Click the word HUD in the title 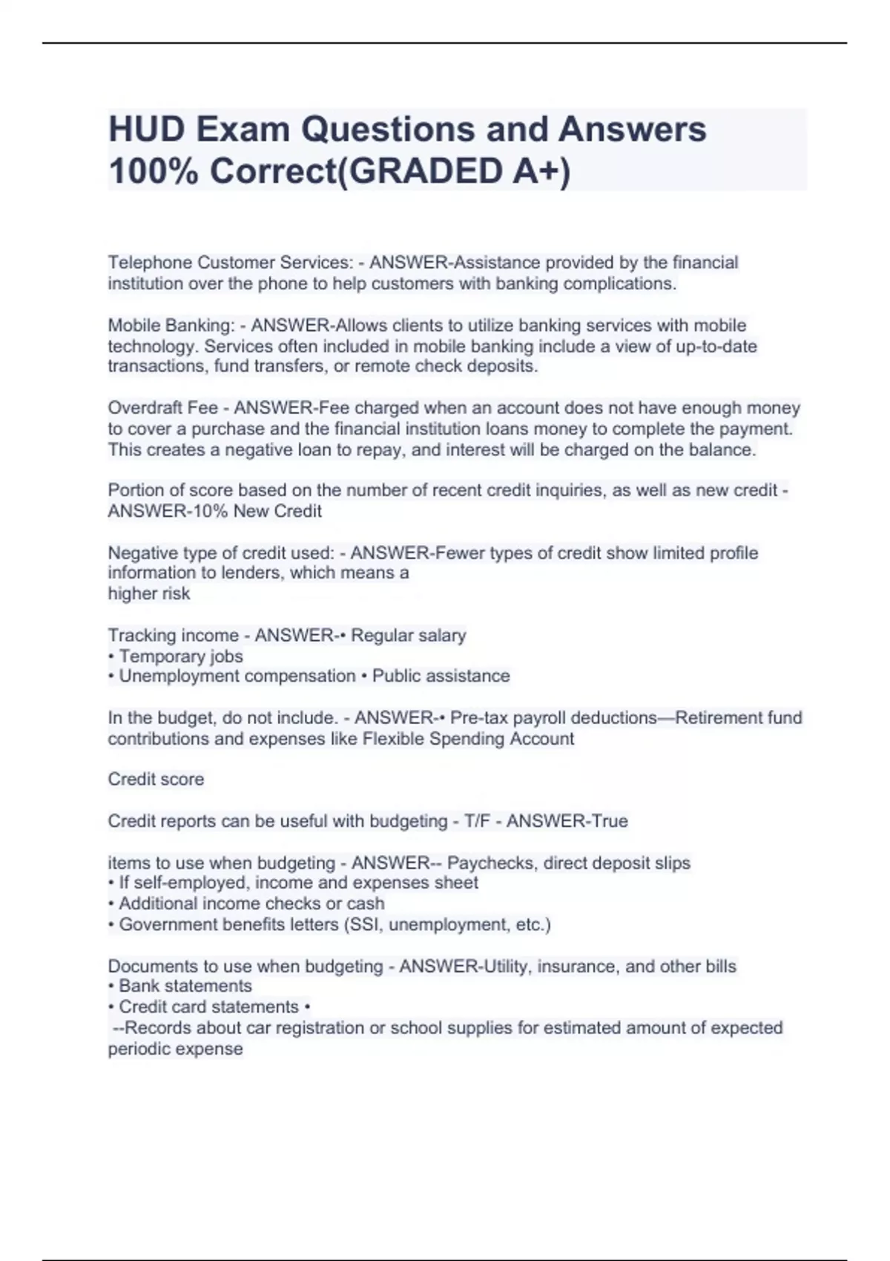[146, 130]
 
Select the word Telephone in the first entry [150, 263]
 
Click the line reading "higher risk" [149, 593]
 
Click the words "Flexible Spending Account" [468, 739]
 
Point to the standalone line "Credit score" [156, 779]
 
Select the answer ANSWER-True [567, 821]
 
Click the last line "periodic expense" [175, 1049]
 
